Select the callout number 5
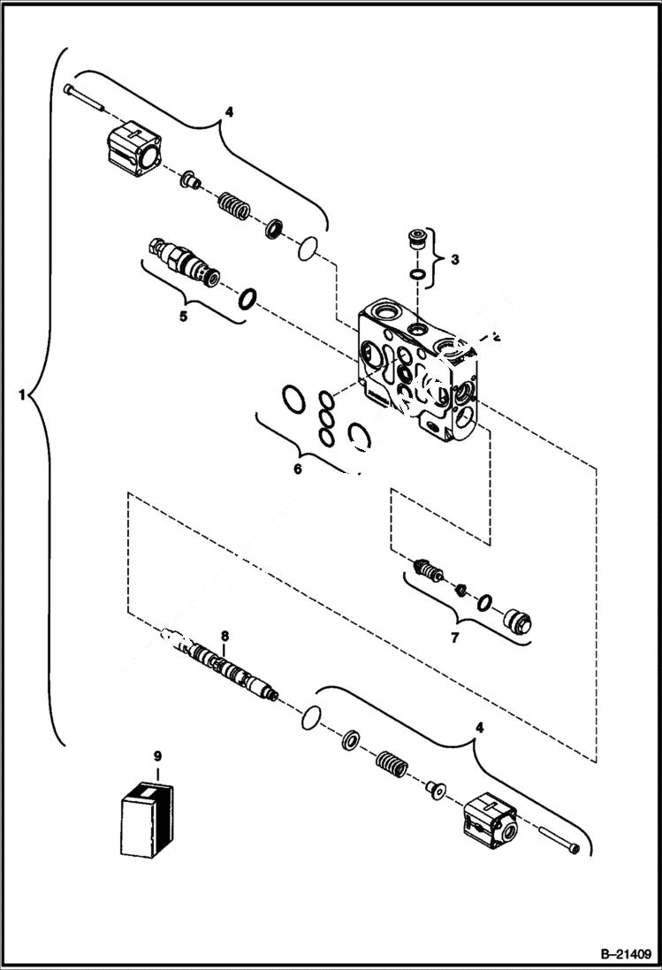point(184,315)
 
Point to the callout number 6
point(298,468)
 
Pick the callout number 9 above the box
point(157,756)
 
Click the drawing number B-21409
point(623,954)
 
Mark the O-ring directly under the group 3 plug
point(415,276)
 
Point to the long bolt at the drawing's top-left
point(88,97)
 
